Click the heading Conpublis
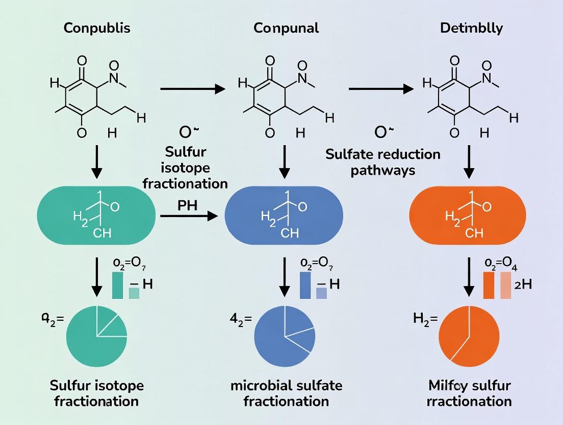(97, 28)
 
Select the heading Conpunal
(286, 28)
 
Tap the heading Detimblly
(471, 28)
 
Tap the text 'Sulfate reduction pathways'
(382, 162)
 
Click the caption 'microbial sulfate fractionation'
(286, 393)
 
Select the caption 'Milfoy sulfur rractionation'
(469, 393)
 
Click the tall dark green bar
(117, 285)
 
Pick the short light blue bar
(321, 293)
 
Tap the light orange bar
(506, 285)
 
